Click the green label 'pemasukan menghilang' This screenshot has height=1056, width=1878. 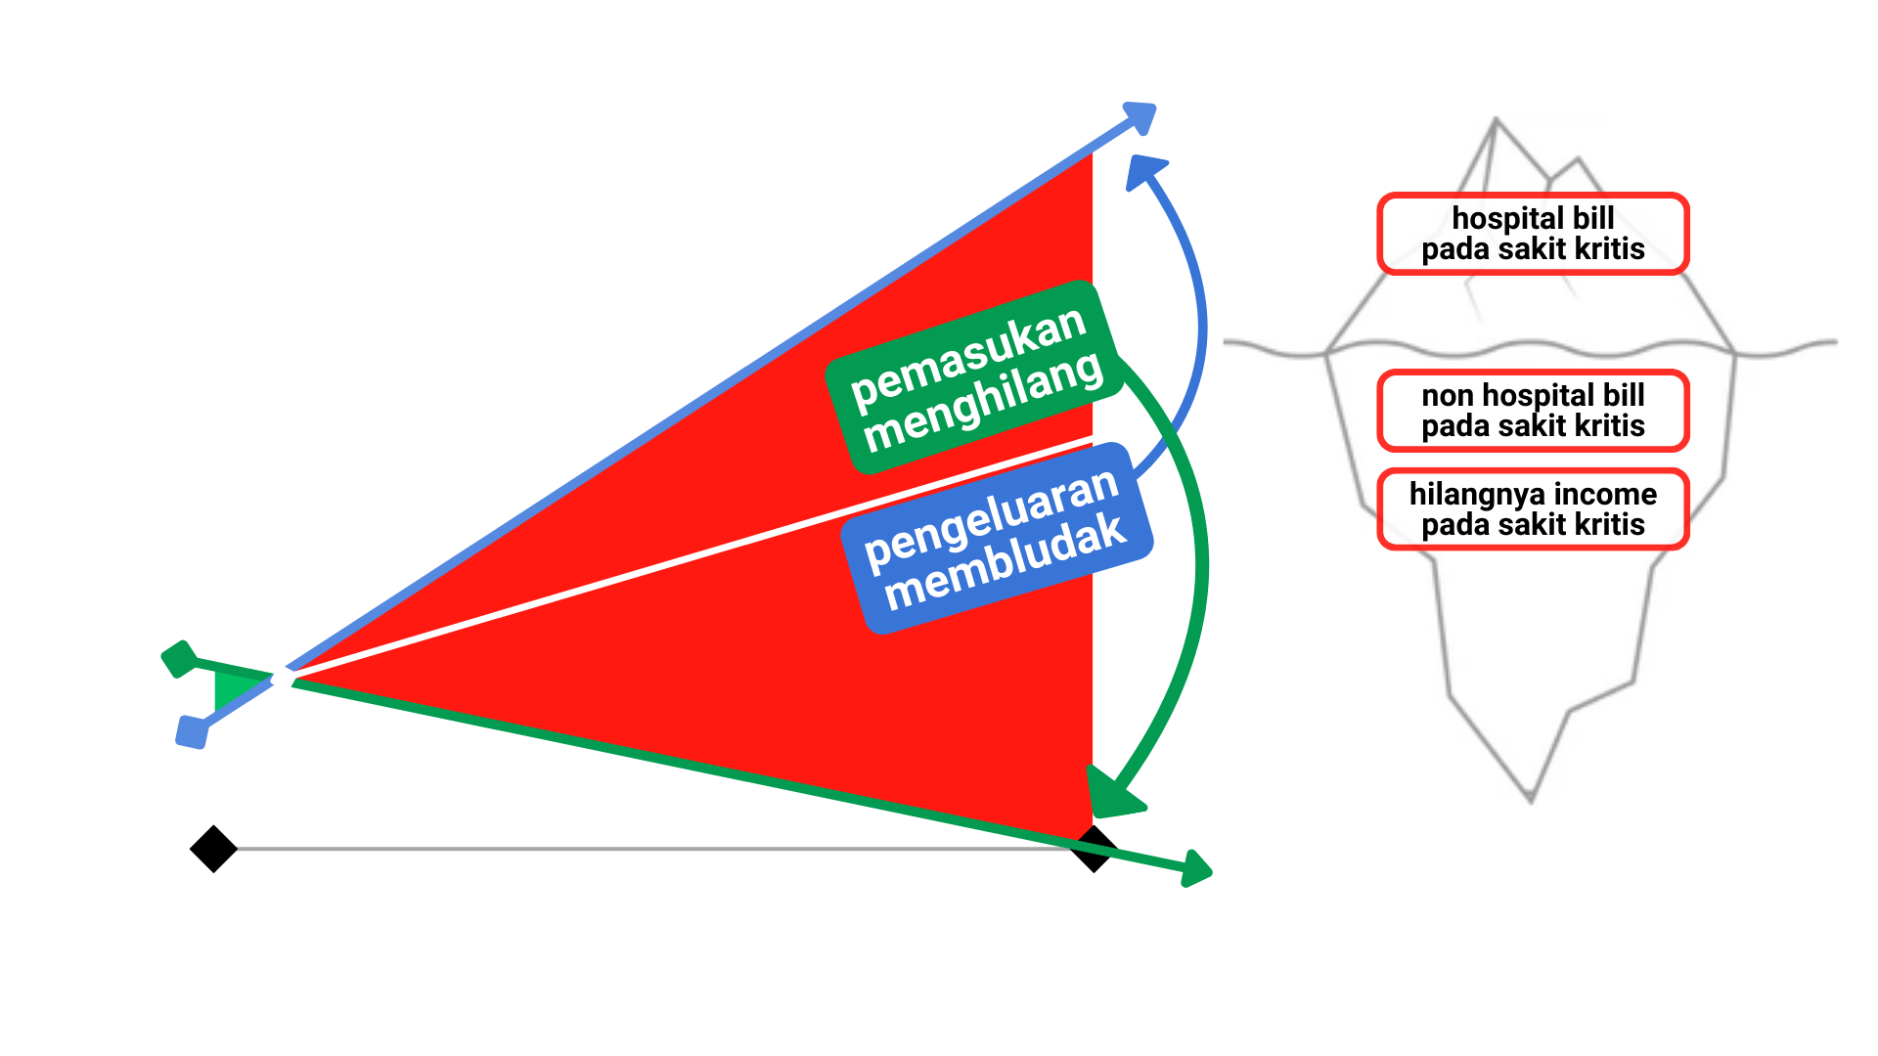click(974, 376)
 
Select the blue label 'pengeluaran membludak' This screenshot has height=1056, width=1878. click(996, 539)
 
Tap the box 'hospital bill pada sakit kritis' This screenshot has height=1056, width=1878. click(1533, 234)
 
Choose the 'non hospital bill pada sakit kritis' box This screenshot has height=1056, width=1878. click(1533, 411)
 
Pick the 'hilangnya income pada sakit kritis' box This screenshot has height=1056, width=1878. click(1533, 509)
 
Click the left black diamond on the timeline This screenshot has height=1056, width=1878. click(213, 849)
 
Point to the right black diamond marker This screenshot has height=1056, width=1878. click(1094, 849)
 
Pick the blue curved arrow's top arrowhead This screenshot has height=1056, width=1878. click(1145, 172)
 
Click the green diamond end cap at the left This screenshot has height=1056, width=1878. click(179, 659)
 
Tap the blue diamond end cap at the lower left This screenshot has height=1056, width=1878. click(192, 731)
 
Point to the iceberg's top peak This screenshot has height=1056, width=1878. click(1496, 120)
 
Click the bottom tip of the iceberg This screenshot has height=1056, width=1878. click(1531, 800)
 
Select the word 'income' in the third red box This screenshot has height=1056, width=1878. click(1608, 494)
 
